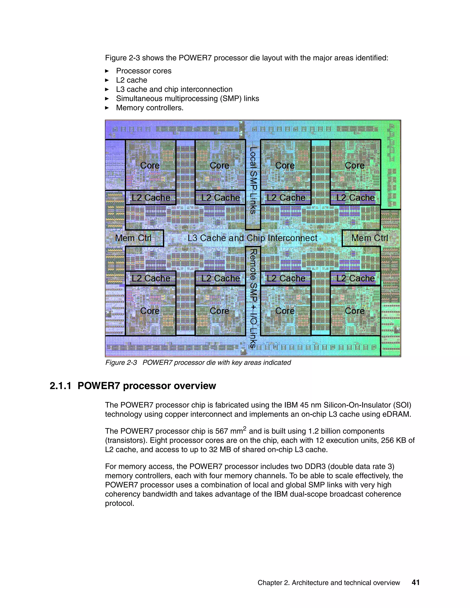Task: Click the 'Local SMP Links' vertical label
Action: click(252, 180)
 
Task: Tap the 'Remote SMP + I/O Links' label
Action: click(252, 298)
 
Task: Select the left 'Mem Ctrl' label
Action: click(133, 238)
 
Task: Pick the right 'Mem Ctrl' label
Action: click(369, 238)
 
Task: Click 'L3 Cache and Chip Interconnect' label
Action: click(252, 238)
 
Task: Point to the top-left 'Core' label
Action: click(150, 165)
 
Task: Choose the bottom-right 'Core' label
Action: click(354, 311)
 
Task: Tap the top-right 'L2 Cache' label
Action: click(355, 198)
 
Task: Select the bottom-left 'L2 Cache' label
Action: click(151, 278)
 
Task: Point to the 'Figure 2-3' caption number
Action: click(121, 363)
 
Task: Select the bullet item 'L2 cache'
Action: click(131, 80)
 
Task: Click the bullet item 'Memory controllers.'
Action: click(150, 108)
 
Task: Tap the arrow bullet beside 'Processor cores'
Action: click(107, 71)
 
